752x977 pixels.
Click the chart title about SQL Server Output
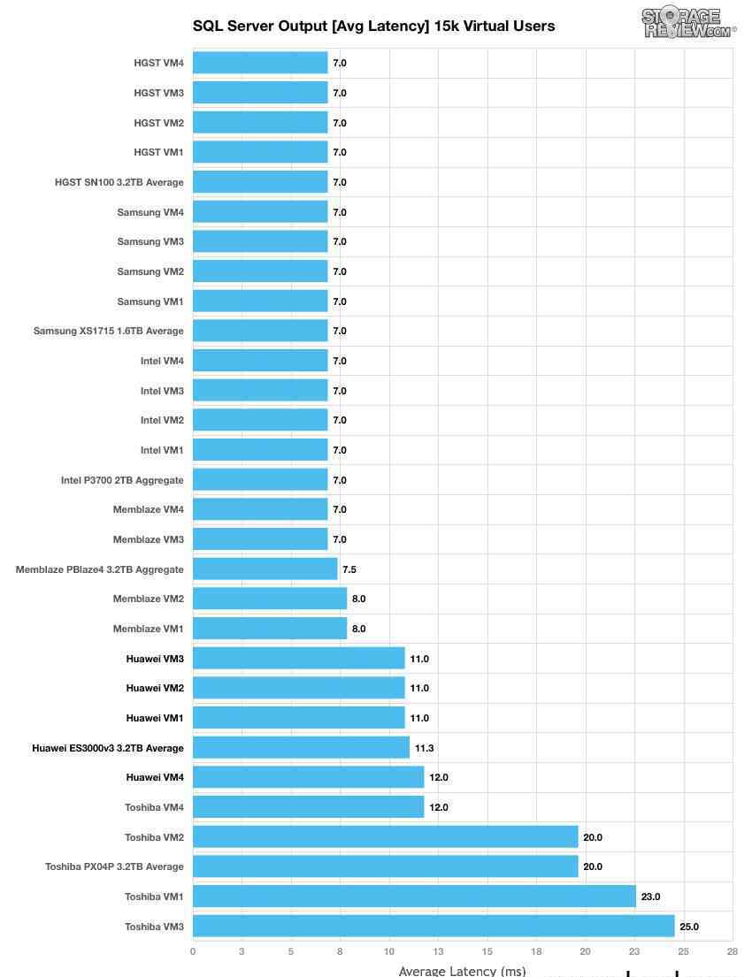[373, 26]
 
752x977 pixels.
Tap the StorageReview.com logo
[688, 22]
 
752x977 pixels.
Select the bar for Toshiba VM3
[434, 927]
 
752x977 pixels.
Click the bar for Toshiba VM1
[414, 897]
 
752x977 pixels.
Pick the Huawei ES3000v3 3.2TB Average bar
[301, 748]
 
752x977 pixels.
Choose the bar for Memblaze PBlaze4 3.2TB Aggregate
[265, 569]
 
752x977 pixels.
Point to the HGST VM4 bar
[260, 63]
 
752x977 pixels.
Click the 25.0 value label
[689, 927]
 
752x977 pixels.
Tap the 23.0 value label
[650, 897]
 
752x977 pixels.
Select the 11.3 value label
[424, 748]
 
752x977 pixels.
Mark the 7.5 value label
[349, 569]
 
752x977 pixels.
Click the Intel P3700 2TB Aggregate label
[122, 480]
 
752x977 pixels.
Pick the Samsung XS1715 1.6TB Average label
[109, 331]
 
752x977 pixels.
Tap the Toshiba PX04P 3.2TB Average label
[114, 866]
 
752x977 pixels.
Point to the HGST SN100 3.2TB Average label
[119, 182]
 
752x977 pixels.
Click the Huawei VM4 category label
[155, 777]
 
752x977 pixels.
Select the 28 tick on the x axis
[732, 951]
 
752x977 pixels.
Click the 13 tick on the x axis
[438, 951]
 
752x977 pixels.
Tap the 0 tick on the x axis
[193, 951]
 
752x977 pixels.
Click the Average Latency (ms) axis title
[462, 971]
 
